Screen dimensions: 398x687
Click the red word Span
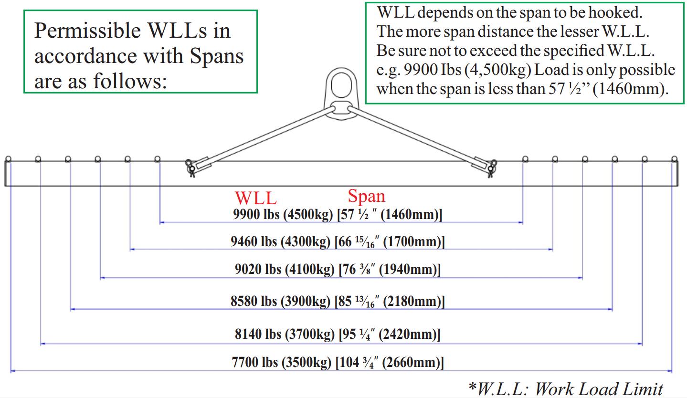(366, 196)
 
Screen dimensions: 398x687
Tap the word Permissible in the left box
(85, 31)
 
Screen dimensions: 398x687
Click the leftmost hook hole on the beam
(8, 159)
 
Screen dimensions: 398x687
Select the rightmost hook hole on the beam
(674, 159)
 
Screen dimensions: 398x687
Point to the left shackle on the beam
(190, 168)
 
